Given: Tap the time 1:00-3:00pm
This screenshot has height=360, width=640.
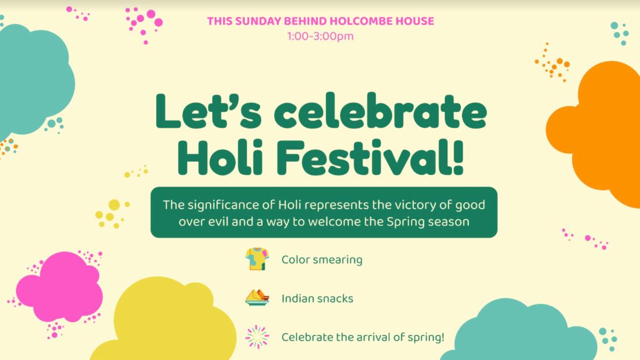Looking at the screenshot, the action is [321, 37].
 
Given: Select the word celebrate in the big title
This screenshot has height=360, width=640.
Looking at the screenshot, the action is [380, 111].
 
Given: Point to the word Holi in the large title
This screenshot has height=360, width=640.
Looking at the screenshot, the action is [220, 158].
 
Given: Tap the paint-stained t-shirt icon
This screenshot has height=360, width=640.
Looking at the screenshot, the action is [257, 259].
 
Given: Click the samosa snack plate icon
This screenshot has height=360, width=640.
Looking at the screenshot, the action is [257, 298].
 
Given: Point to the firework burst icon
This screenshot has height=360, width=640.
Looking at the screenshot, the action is [257, 337].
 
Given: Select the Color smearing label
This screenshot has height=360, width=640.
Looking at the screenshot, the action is [322, 260].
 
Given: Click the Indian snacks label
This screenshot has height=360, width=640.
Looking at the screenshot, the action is [317, 299].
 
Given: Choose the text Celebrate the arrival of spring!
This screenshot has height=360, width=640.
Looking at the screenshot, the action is [363, 338].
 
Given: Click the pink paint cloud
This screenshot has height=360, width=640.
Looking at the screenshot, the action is [59, 286].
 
